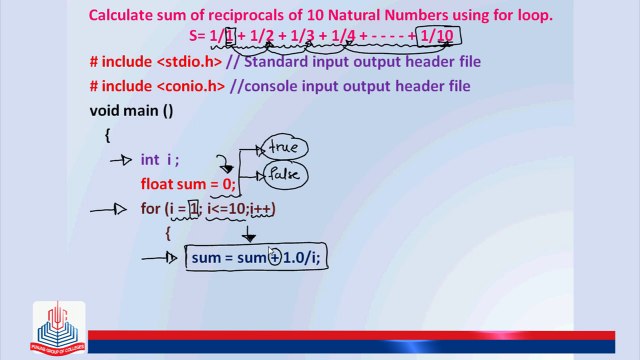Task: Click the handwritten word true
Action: coord(285,150)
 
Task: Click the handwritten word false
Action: coord(285,176)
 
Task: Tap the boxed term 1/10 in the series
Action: coord(436,36)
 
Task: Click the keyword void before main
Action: coord(107,111)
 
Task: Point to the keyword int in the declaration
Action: coord(150,159)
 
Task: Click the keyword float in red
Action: coord(158,184)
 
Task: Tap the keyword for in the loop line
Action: coord(150,209)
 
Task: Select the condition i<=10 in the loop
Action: coord(225,209)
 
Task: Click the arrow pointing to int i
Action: coord(120,160)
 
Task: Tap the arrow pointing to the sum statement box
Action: coord(160,259)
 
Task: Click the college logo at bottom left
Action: coord(58,328)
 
